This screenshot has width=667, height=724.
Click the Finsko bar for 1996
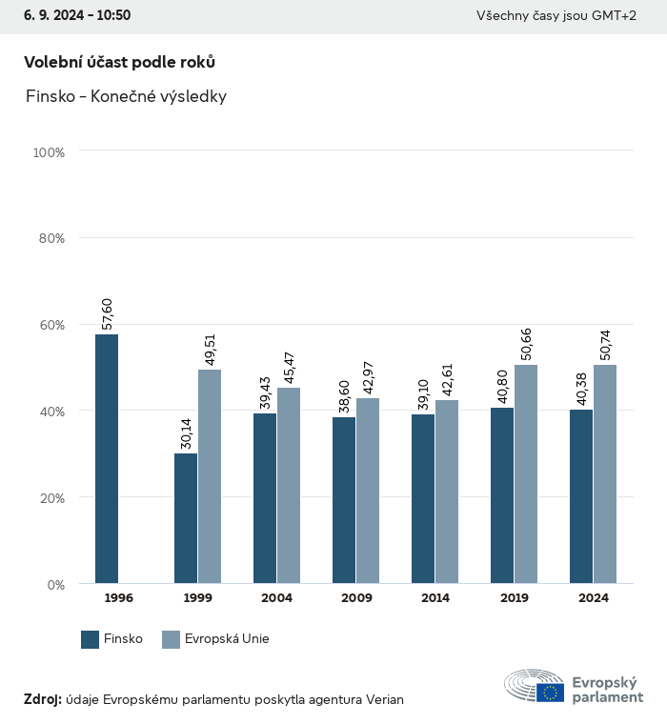pos(107,458)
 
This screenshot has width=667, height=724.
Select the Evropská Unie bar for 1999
pos(210,476)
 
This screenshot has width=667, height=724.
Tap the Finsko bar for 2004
pos(265,497)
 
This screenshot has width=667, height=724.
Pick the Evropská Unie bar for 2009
pos(368,491)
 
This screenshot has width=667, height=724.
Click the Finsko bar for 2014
pos(423,498)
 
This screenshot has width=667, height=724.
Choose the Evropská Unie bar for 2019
pos(526,473)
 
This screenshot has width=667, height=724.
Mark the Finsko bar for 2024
pos(581,496)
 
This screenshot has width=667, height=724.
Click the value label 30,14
pos(185,432)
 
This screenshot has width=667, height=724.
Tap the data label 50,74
pos(606,343)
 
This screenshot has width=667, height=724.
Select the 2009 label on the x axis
pos(355,598)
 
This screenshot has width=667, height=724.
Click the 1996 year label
pos(118,598)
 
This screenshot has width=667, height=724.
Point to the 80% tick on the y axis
pos(51,238)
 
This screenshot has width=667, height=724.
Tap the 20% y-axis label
pos(51,497)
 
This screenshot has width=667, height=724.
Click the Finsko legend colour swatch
pos(91,639)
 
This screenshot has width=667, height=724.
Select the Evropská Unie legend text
pos(228,639)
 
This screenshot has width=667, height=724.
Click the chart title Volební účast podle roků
pos(119,62)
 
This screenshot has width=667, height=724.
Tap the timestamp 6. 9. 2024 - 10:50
pos(77,15)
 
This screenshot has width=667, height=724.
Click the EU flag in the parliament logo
pos(550,693)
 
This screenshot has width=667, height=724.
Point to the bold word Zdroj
pos(42,699)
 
